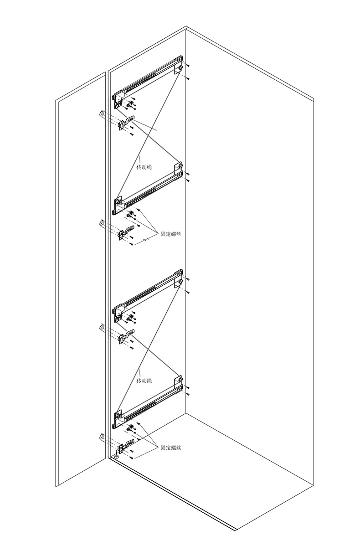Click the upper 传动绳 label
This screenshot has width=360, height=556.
click(144, 167)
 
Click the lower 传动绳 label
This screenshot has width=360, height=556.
click(144, 380)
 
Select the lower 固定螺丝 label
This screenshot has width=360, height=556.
click(171, 448)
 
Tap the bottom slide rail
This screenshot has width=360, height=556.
click(148, 404)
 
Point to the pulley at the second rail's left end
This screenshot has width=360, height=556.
click(118, 201)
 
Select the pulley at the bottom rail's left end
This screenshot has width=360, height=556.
click(118, 415)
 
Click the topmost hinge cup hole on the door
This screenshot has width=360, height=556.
click(101, 114)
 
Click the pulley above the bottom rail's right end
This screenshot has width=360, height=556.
click(181, 379)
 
